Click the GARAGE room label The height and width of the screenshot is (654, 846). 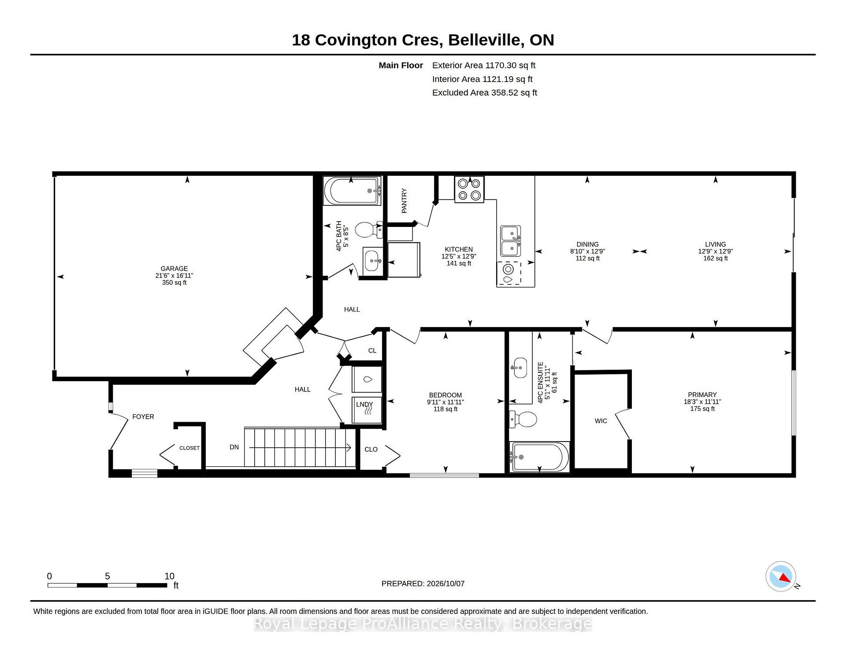point(174,268)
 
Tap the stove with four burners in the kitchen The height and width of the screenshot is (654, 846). point(469,190)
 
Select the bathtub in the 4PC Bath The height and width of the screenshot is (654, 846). point(352,191)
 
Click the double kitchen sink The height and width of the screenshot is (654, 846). point(511,241)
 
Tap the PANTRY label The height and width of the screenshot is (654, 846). point(404,201)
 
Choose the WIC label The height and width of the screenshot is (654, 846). point(601,421)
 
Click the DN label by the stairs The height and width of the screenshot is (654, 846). point(234,447)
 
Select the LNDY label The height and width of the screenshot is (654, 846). point(364,404)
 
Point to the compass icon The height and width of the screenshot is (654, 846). point(781,576)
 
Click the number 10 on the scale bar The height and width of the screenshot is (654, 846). point(170,576)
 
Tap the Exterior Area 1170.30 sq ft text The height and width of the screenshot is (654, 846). point(484,65)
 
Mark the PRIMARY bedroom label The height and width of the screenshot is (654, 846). point(702,394)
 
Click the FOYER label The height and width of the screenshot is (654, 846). point(143,416)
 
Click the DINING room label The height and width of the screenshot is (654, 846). point(587,244)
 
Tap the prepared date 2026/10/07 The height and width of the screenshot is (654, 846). point(445,583)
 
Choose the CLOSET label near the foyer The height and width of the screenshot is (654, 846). point(189,448)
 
